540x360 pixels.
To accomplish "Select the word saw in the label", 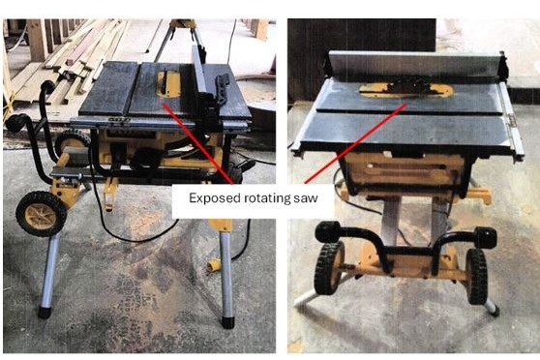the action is coord(306,198).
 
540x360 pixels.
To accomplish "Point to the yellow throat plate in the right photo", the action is coord(405,90).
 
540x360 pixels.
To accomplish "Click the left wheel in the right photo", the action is coord(328,268).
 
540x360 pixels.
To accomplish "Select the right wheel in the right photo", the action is coord(476,276).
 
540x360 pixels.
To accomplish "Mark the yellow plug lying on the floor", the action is coord(214,265).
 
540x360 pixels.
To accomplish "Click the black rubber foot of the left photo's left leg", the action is coord(45,313).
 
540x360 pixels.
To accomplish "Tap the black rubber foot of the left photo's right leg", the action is coord(227,322).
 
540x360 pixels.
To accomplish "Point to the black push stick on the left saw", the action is coord(222,88).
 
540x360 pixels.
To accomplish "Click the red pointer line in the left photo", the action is coord(197,143).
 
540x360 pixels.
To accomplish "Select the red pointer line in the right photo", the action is coord(356,143).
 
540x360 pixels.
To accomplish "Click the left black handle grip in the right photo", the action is coord(329,231).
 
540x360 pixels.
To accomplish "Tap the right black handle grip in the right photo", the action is coord(486,237).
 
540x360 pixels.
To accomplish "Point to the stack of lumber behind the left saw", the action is coord(69,59).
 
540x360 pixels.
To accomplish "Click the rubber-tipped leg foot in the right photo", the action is coord(495,311).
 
